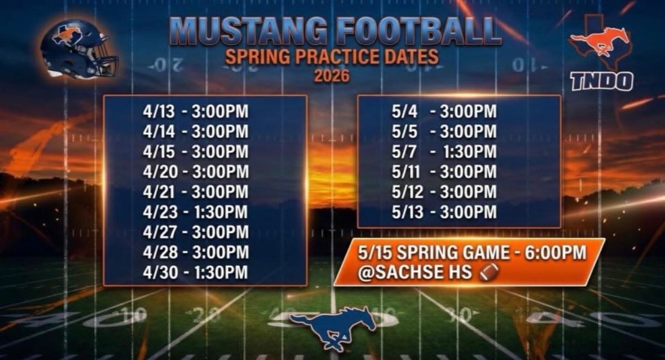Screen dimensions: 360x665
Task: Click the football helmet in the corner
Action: (78, 50)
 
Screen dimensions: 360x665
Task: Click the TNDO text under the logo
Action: (601, 82)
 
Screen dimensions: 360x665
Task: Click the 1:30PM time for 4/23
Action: (220, 212)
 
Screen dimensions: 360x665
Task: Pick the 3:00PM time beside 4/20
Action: (220, 172)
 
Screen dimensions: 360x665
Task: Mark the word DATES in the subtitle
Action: (409, 56)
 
